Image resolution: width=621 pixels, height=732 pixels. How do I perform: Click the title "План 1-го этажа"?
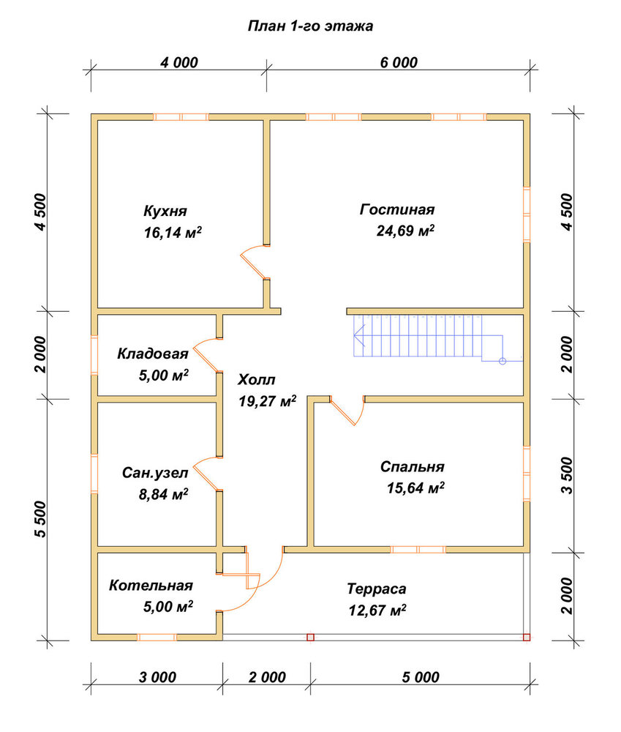point(310,26)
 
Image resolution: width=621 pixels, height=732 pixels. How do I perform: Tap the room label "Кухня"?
point(165,211)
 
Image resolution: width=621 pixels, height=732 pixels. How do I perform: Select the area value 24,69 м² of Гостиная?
point(405,231)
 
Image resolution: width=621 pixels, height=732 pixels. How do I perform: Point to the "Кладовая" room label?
point(153,354)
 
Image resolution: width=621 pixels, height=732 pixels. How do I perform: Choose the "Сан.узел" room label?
point(155,473)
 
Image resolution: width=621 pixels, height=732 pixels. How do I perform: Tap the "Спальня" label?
point(413,466)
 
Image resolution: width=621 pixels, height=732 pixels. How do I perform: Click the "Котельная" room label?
point(151,586)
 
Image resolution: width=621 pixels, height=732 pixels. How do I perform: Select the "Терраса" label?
point(377,589)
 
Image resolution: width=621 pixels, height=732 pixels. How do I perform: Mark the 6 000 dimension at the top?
point(399,62)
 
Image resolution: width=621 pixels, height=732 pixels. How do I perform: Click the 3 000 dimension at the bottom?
point(158,677)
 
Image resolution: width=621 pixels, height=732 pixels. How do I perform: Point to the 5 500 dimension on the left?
point(41,519)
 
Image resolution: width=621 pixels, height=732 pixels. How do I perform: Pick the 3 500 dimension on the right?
point(566,475)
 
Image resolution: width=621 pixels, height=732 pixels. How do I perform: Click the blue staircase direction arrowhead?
point(359,335)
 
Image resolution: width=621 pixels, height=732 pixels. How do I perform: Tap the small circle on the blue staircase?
point(503,361)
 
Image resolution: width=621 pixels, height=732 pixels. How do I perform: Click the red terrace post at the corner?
point(527,638)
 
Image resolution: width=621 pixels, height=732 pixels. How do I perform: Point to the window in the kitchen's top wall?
point(181,116)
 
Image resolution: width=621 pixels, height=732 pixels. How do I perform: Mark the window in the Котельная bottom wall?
point(157,638)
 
